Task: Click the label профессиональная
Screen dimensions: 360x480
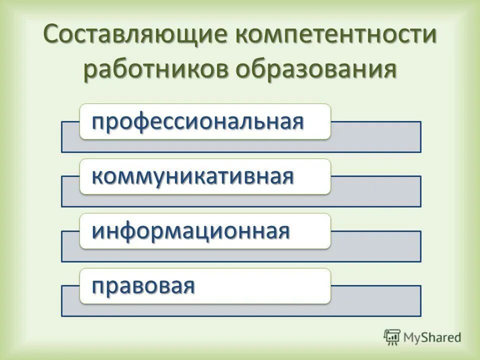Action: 197,121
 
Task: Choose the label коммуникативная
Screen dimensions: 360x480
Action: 192,176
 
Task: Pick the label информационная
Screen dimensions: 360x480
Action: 190,231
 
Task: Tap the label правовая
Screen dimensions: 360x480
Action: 143,286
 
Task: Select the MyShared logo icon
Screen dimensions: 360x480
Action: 392,337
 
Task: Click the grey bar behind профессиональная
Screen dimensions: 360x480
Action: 375,137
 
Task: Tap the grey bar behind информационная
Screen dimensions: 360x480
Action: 375,246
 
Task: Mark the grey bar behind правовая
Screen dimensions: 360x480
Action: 375,301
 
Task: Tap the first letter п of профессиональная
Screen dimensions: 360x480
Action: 97,122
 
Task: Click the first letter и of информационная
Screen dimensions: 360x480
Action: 97,231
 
